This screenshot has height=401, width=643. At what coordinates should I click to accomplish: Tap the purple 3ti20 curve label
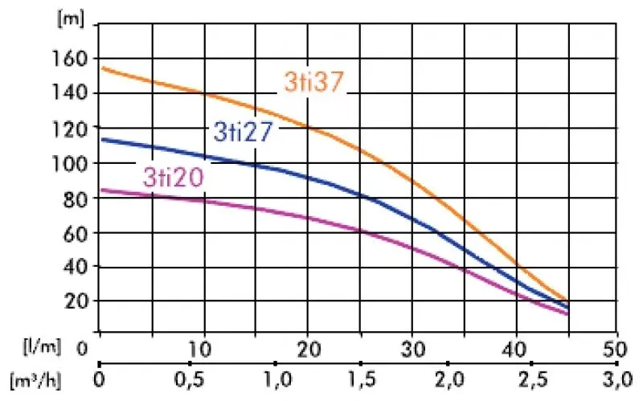pos(172,177)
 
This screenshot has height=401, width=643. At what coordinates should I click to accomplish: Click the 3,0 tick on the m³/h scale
pos(616,378)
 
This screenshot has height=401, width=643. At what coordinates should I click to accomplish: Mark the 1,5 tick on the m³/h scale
pos(358,378)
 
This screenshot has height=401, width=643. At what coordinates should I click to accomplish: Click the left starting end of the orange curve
pos(101,68)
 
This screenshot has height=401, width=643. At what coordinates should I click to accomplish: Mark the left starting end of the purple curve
pos(101,190)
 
